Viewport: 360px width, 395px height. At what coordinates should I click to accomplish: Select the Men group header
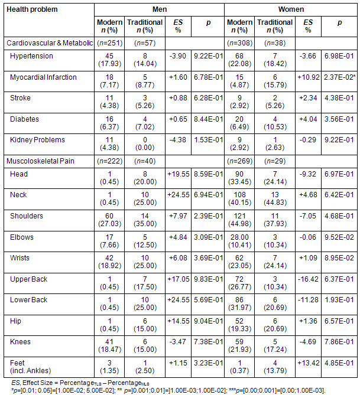point(159,9)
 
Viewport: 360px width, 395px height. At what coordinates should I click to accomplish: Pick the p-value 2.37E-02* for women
point(339,77)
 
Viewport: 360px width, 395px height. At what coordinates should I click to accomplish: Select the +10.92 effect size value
point(308,77)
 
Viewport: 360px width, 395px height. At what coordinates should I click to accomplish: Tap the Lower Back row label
point(28,300)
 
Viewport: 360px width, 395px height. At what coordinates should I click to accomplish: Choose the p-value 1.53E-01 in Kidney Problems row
point(207,141)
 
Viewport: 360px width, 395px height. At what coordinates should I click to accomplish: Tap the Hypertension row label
point(31,56)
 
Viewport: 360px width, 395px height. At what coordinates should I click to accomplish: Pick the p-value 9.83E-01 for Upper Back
point(207,279)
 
